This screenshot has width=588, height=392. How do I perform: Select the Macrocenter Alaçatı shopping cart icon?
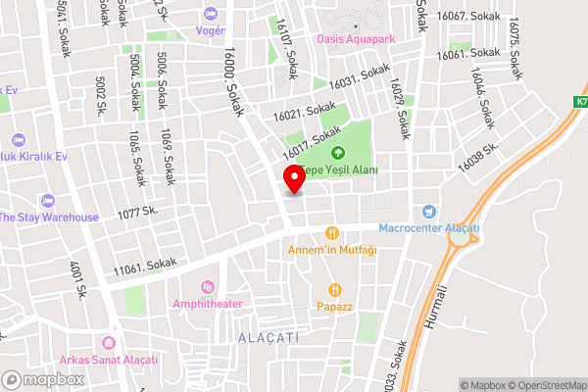tap(428, 212)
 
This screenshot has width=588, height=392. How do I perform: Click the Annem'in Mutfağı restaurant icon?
tap(332, 232)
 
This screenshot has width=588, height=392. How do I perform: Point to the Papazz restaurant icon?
tap(335, 290)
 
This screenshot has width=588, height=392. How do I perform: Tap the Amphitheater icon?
tap(207, 287)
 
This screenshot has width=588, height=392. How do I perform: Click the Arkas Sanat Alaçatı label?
tap(115, 360)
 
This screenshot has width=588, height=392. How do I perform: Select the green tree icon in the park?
tap(338, 152)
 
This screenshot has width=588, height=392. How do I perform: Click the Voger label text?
tap(210, 29)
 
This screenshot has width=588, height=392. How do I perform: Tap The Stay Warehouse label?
tap(49, 217)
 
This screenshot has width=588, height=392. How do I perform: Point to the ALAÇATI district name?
tap(268, 336)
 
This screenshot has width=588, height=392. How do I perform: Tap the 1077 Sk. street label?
tap(137, 212)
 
